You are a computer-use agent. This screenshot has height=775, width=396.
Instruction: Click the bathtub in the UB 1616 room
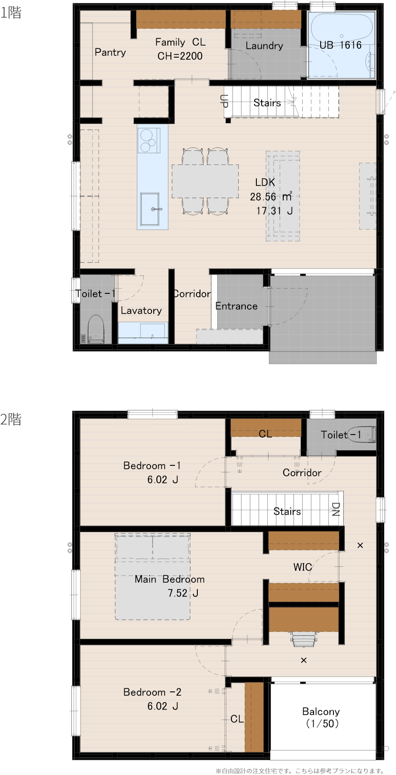point(341,28)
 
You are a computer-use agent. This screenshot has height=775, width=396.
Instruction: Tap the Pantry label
point(110,52)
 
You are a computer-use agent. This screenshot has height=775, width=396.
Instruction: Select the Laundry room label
point(264,46)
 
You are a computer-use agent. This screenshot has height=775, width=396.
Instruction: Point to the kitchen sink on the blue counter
point(150,209)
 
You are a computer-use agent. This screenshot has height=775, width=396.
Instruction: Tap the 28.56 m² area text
point(271,197)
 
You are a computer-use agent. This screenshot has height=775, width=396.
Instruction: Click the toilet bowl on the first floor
point(96,329)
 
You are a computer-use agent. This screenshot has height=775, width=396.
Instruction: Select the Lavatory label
point(141,311)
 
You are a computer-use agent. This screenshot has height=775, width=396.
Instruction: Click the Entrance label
point(237,306)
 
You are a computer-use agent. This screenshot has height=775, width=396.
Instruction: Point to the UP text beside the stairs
point(224,101)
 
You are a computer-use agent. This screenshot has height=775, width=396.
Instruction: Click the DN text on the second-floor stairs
point(336,509)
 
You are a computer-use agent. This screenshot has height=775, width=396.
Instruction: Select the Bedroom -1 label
point(152,466)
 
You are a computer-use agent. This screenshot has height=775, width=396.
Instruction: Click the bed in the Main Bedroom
point(153,577)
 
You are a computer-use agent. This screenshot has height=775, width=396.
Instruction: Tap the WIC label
point(303,567)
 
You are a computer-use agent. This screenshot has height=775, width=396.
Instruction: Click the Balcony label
point(321,711)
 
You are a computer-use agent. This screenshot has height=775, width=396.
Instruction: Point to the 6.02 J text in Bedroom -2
point(163,706)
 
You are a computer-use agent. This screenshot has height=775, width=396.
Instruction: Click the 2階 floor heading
point(11,419)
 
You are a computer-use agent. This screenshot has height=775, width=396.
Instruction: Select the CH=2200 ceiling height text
point(180,56)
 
